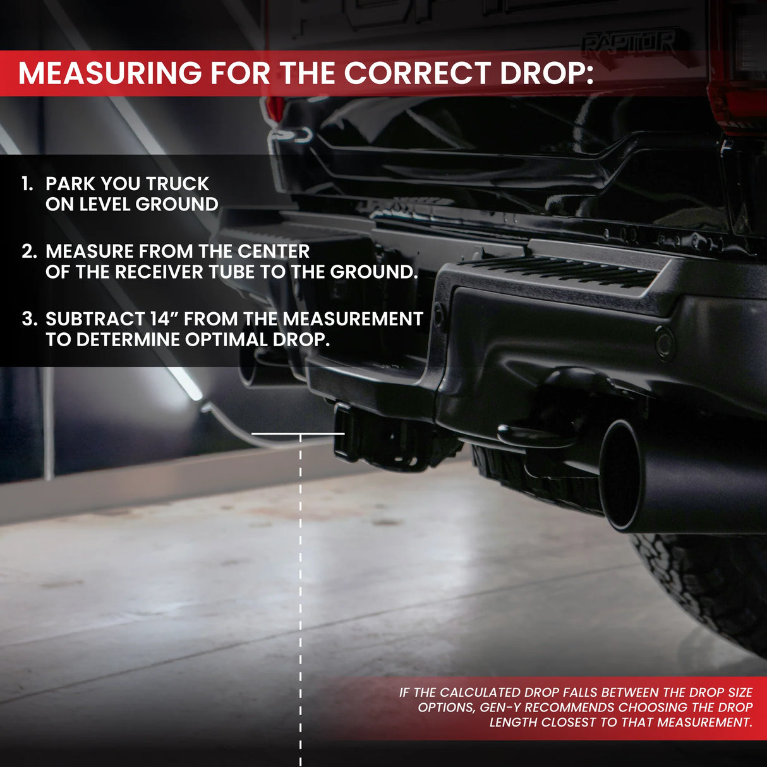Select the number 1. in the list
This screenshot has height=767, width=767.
[x=27, y=184]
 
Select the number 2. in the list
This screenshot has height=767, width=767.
[x=29, y=251]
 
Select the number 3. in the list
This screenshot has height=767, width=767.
[x=29, y=319]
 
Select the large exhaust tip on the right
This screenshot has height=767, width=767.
[x=622, y=474]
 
